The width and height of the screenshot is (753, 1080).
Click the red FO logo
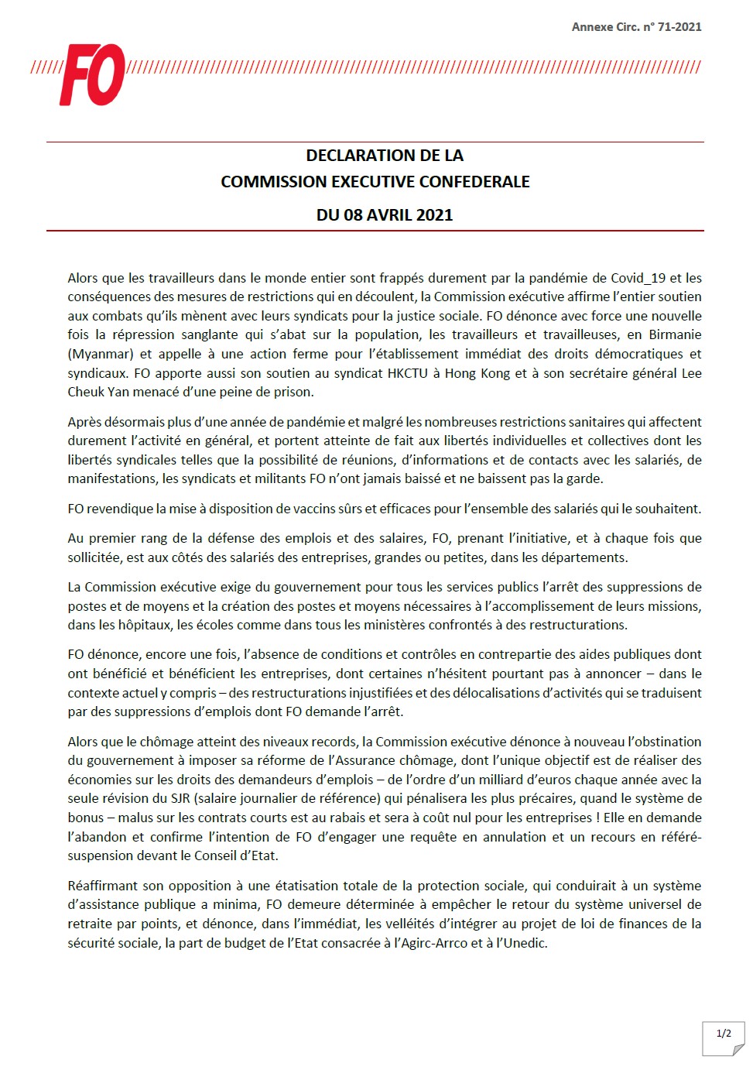coord(92,74)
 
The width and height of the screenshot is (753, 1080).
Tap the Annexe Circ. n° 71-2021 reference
coord(636,27)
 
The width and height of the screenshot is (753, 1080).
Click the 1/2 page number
coord(724,1033)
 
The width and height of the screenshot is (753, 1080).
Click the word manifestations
coord(113,478)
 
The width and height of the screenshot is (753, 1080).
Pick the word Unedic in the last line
coord(525,943)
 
